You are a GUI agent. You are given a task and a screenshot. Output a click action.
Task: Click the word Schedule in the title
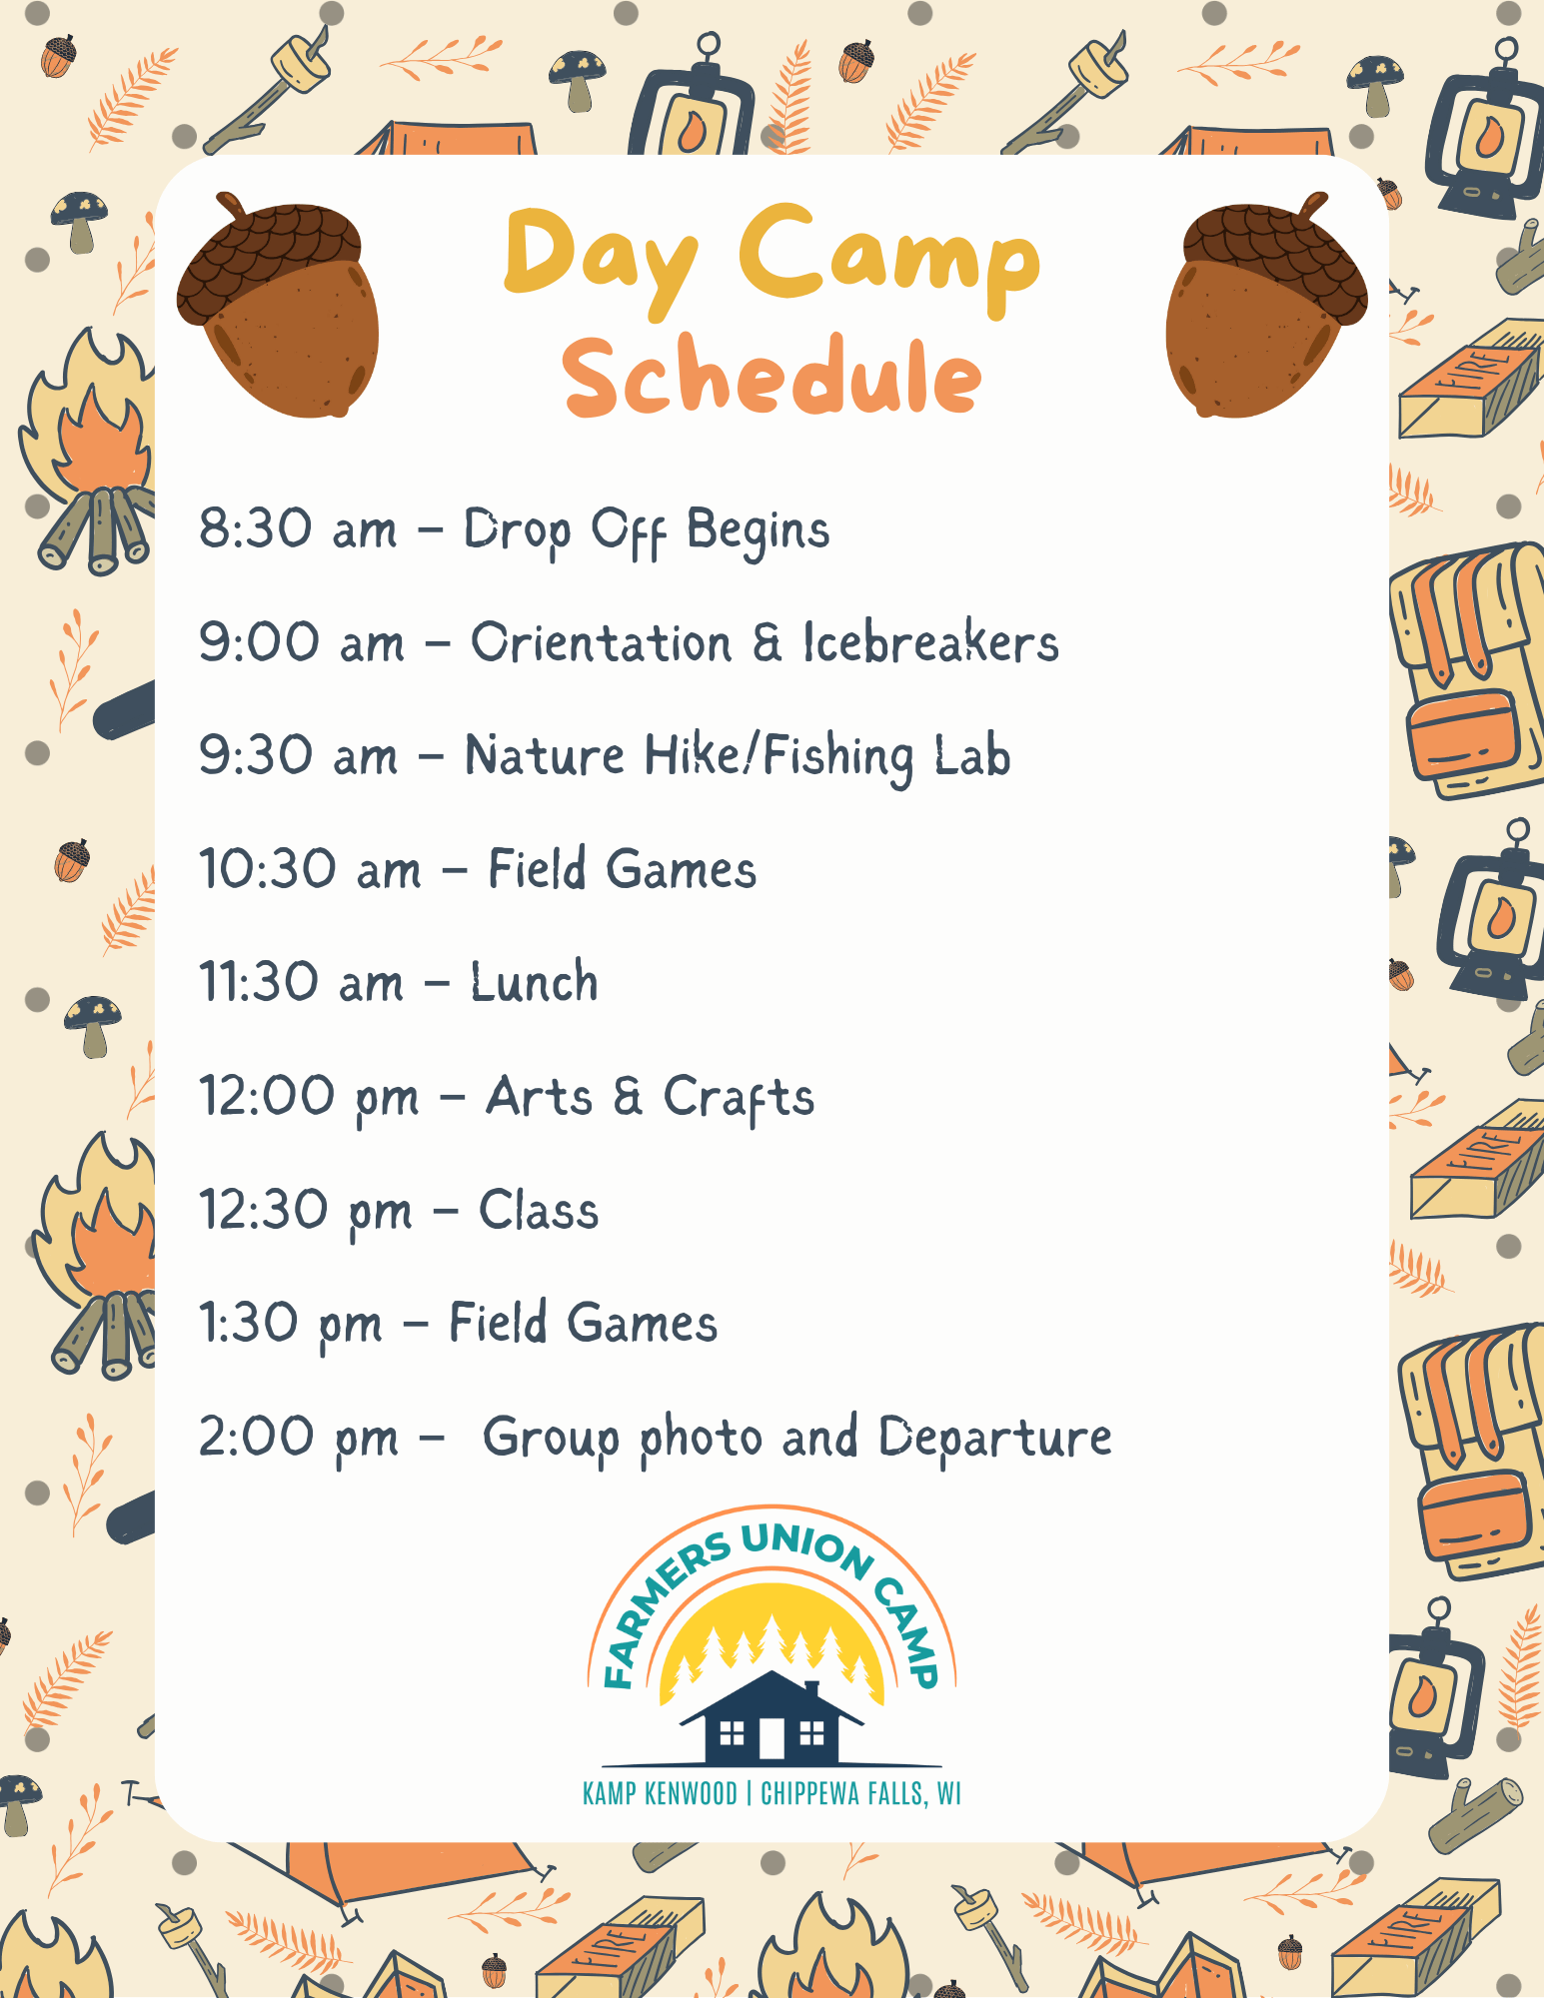click(x=772, y=377)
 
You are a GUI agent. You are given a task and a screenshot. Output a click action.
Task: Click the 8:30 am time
click(x=298, y=528)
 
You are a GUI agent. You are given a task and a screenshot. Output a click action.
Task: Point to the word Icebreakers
click(x=930, y=642)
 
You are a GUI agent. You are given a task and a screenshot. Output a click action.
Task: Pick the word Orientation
click(x=601, y=642)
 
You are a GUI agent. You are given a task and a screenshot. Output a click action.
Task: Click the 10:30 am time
click(x=310, y=869)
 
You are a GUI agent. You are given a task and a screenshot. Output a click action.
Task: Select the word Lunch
click(x=535, y=982)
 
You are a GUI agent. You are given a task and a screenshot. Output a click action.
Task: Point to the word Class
click(x=539, y=1210)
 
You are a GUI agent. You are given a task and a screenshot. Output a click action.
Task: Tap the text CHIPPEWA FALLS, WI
click(x=860, y=1793)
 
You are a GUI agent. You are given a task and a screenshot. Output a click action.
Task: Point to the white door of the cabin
click(x=772, y=1738)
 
